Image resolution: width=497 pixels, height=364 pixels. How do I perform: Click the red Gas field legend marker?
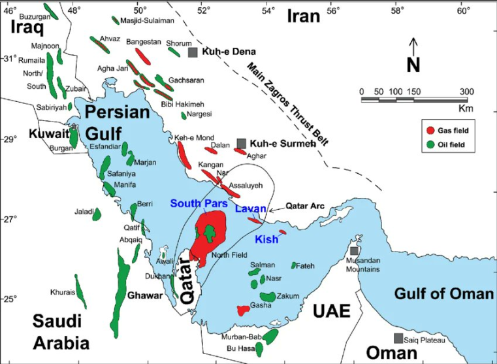click(x=431, y=131)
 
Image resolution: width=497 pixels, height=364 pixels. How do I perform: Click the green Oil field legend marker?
click(x=431, y=144)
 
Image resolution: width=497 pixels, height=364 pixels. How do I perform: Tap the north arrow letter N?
click(x=413, y=65)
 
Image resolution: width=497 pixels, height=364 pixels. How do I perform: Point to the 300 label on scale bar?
click(x=466, y=91)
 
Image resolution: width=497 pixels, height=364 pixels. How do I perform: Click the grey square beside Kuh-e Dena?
click(x=193, y=52)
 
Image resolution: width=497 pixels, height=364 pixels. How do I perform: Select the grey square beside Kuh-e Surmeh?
click(x=242, y=143)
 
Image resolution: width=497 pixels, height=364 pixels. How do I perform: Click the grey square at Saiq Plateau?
click(x=398, y=339)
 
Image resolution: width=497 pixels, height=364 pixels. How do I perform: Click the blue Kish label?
click(x=266, y=239)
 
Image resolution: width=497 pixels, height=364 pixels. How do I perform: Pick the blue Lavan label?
click(x=250, y=208)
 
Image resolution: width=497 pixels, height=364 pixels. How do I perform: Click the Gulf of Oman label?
click(x=443, y=294)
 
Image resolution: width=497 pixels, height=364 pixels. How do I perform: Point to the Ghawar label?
click(x=145, y=296)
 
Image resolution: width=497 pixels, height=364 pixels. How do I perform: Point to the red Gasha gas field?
click(x=243, y=310)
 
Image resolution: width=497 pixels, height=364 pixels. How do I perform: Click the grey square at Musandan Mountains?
click(x=354, y=251)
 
